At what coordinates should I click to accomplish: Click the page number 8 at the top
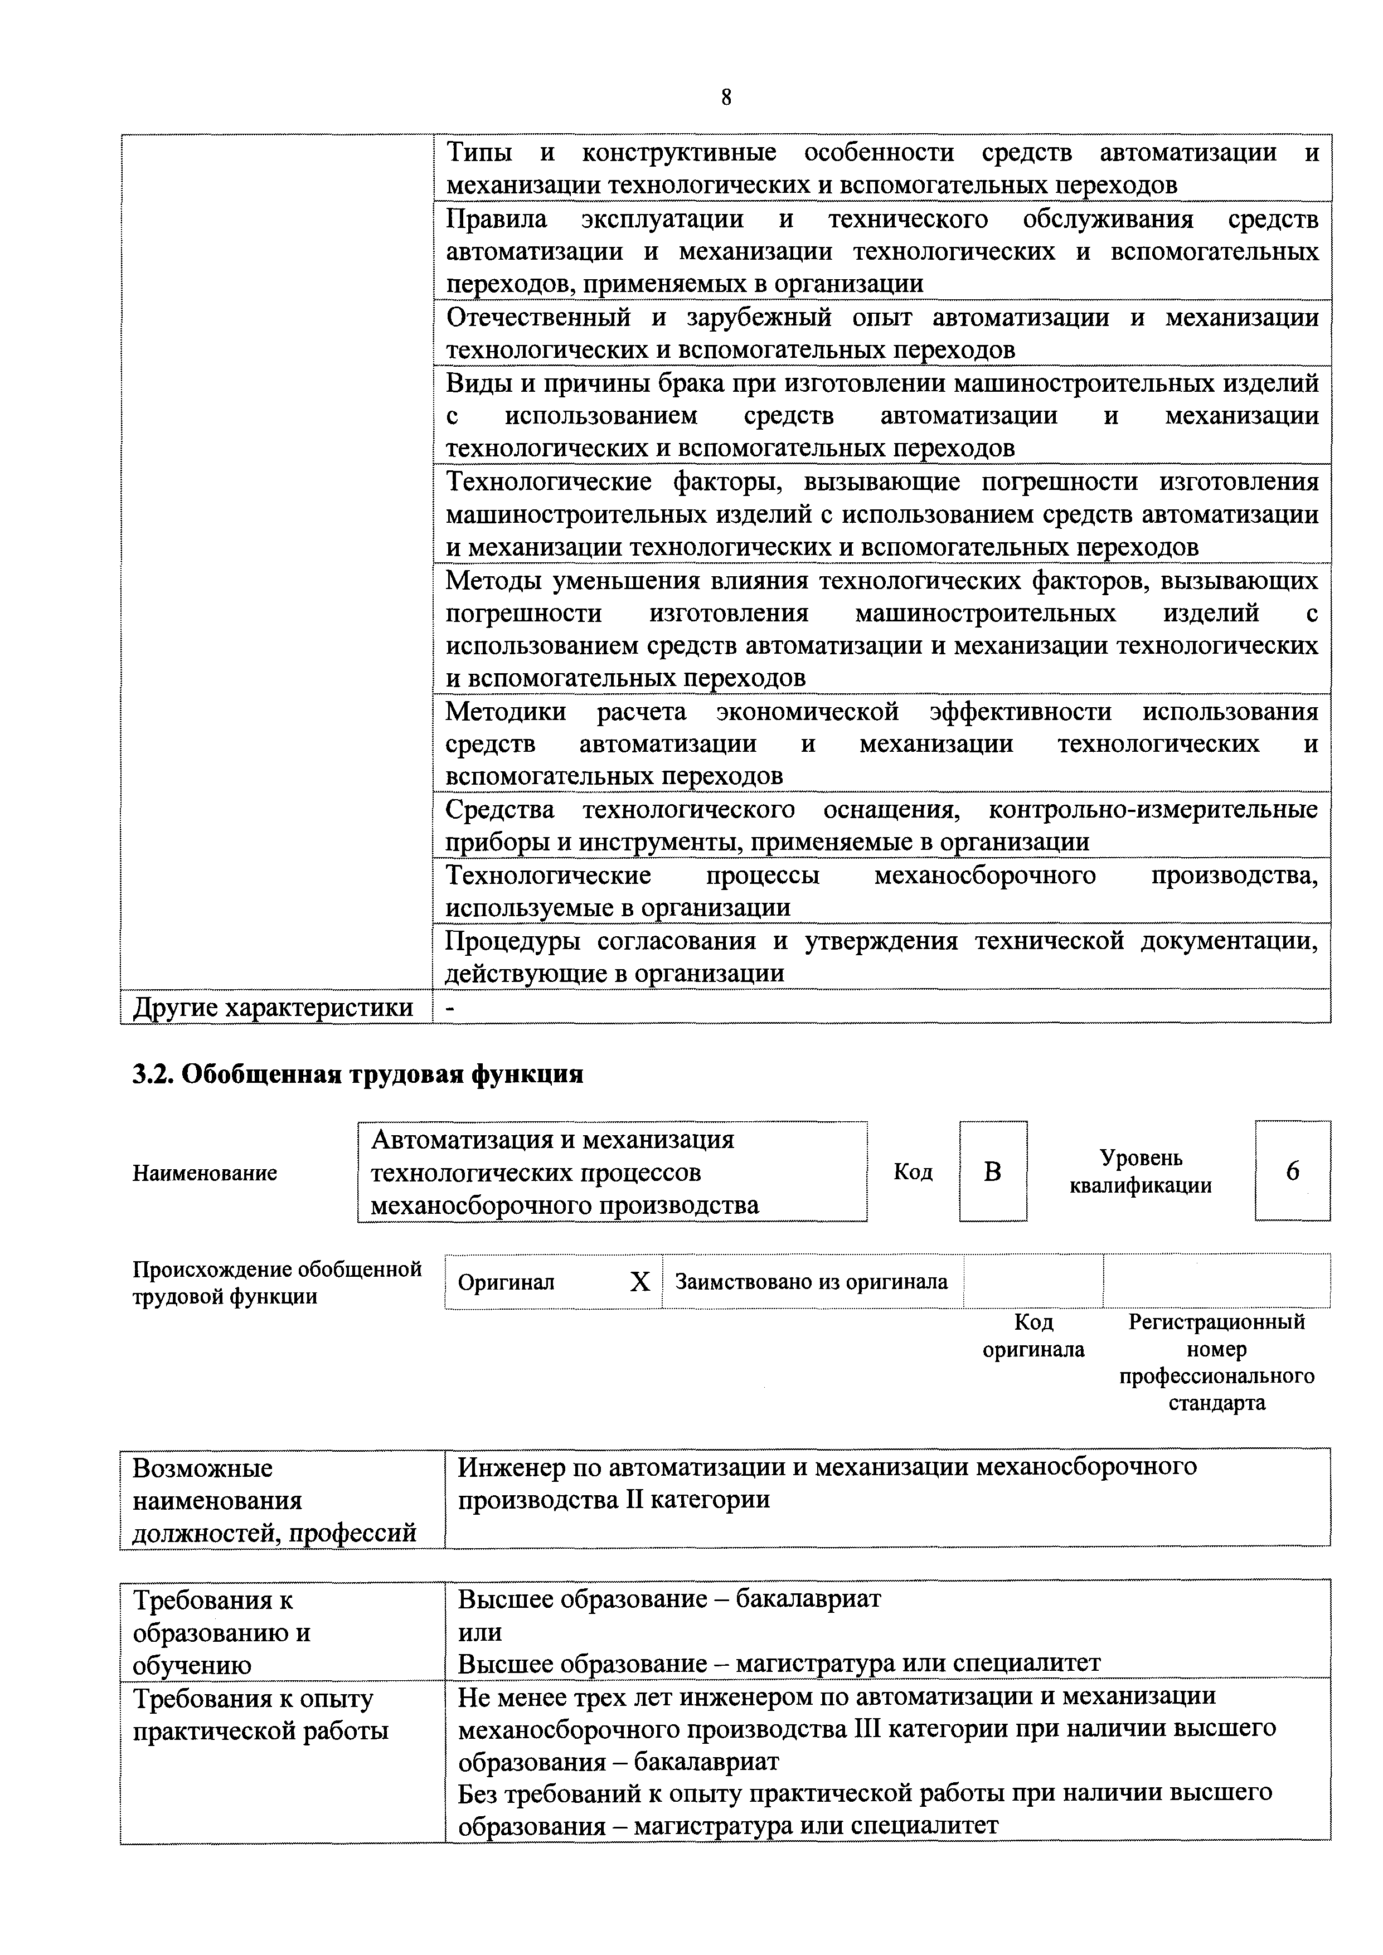[x=726, y=98]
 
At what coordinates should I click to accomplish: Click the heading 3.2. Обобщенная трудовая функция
[x=358, y=1074]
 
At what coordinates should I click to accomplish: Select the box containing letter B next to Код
[x=993, y=1171]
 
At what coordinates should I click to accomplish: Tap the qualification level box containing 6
[x=1292, y=1171]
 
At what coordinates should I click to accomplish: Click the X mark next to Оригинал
[x=639, y=1282]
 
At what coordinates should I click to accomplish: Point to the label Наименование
[x=205, y=1173]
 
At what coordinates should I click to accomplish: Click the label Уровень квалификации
[x=1141, y=1171]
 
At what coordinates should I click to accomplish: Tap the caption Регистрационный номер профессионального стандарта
[x=1216, y=1363]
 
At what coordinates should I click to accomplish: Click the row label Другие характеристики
[x=273, y=1007]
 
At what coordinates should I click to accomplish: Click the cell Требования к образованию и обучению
[x=221, y=1632]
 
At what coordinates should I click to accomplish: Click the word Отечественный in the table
[x=538, y=318]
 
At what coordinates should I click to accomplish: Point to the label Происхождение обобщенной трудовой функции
[x=277, y=1282]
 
